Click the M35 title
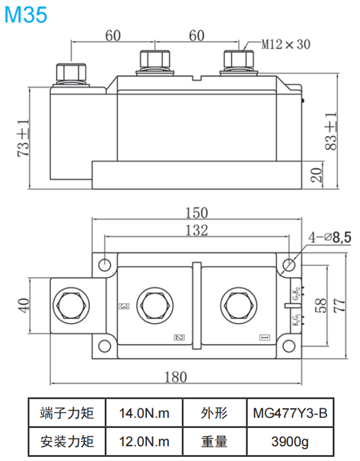click(25, 15)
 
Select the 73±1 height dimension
click(23, 138)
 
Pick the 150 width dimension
click(196, 213)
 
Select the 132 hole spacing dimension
click(196, 230)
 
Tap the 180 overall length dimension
click(175, 376)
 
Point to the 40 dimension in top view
click(23, 306)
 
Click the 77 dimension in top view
click(340, 305)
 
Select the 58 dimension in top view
click(321, 305)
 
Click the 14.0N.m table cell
click(143, 413)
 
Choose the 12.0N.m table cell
click(143, 442)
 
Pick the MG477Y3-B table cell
click(289, 413)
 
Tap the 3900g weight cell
click(289, 442)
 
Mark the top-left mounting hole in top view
click(105, 264)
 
